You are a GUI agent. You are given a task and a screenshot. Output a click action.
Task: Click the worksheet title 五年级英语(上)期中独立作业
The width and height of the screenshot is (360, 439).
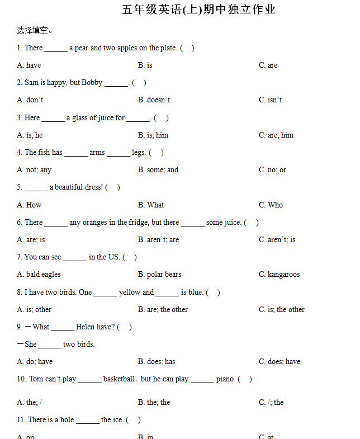pyautogui.click(x=198, y=10)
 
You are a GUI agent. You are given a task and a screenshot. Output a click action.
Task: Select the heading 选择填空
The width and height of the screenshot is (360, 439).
pyautogui.click(x=35, y=30)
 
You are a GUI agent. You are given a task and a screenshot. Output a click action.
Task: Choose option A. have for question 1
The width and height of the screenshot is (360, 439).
pyautogui.click(x=29, y=65)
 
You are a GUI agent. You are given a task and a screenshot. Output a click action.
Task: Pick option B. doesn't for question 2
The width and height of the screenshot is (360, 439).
pyautogui.click(x=154, y=100)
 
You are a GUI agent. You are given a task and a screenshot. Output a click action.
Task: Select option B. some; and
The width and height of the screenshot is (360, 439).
pyautogui.click(x=158, y=170)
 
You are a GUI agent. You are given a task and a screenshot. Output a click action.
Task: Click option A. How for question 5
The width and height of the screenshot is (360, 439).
pyautogui.click(x=29, y=205)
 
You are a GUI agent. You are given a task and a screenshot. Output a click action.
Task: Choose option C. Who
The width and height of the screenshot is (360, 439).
pyautogui.click(x=271, y=205)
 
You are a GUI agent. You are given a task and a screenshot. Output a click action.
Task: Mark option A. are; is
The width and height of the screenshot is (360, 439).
pyautogui.click(x=31, y=239)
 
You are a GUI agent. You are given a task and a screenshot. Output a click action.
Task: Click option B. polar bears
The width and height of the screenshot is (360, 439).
pyautogui.click(x=159, y=275)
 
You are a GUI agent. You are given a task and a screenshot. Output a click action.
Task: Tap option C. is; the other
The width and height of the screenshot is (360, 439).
pyautogui.click(x=282, y=309)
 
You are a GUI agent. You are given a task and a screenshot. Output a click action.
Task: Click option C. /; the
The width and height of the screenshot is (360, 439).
pyautogui.click(x=271, y=402)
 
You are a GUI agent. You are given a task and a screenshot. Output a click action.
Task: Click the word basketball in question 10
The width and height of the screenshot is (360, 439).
pyautogui.click(x=119, y=379)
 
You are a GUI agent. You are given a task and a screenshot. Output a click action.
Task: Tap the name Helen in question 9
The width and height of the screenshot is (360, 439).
pyautogui.click(x=86, y=327)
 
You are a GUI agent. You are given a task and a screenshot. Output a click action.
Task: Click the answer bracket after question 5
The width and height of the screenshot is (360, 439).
pyautogui.click(x=112, y=187)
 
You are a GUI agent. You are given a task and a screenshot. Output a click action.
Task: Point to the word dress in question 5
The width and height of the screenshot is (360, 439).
pyautogui.click(x=92, y=187)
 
